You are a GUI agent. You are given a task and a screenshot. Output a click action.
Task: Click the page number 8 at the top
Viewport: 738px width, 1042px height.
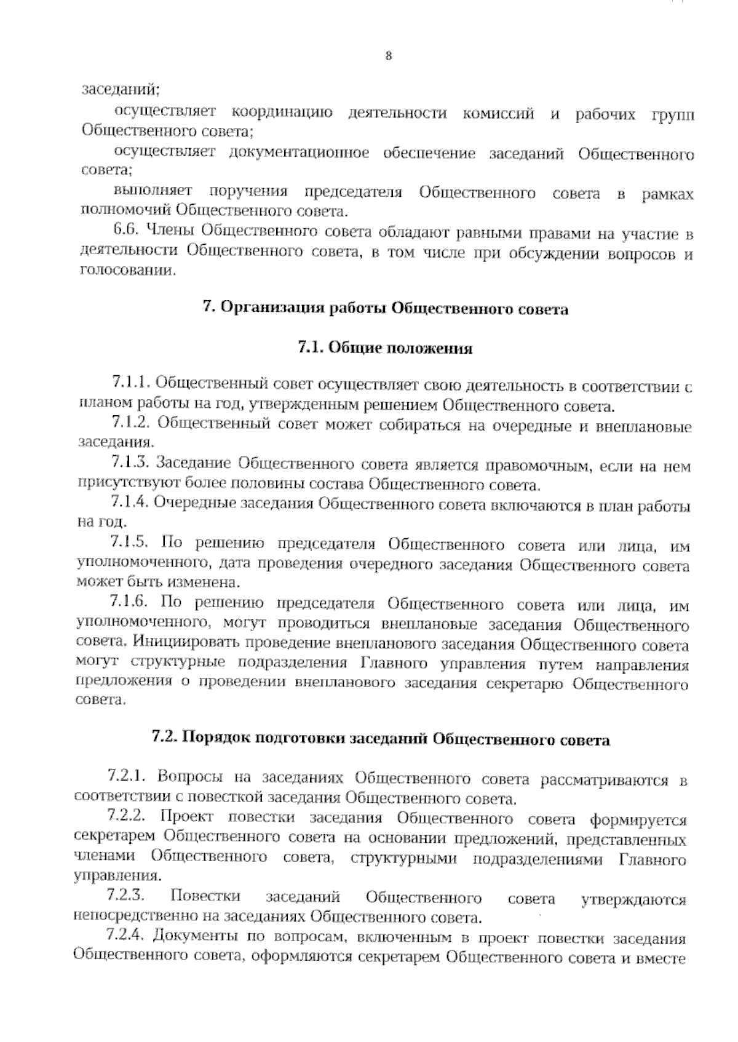point(388,56)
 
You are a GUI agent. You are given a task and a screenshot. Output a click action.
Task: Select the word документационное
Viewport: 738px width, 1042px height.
point(299,153)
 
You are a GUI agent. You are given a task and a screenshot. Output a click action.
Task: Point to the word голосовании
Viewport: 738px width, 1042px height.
point(127,271)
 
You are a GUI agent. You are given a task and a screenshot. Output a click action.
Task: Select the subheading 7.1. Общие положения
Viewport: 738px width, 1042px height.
point(385,349)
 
